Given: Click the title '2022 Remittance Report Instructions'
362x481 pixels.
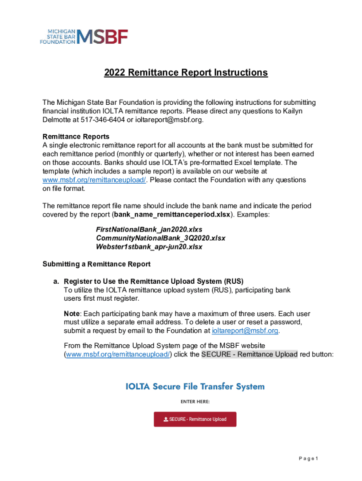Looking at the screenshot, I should [186, 73].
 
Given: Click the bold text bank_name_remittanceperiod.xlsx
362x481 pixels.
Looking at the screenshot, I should [173, 214].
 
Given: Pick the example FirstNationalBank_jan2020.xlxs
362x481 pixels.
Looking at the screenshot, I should [149, 229].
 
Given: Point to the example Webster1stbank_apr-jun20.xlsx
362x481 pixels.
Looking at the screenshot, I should [149, 247].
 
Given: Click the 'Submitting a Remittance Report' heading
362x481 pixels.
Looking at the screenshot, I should [96, 264].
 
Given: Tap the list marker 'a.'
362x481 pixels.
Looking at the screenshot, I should [56, 281].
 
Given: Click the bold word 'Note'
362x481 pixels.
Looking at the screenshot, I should [71, 314].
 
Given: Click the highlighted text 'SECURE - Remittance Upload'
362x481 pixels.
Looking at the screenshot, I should [249, 354].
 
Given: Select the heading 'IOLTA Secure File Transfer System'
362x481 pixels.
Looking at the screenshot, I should [195, 387].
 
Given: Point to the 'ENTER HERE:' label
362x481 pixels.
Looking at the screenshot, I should [195, 402].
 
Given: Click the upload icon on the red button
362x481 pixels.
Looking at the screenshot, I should [165, 419].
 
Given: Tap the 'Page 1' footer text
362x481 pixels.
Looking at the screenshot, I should [309, 458].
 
